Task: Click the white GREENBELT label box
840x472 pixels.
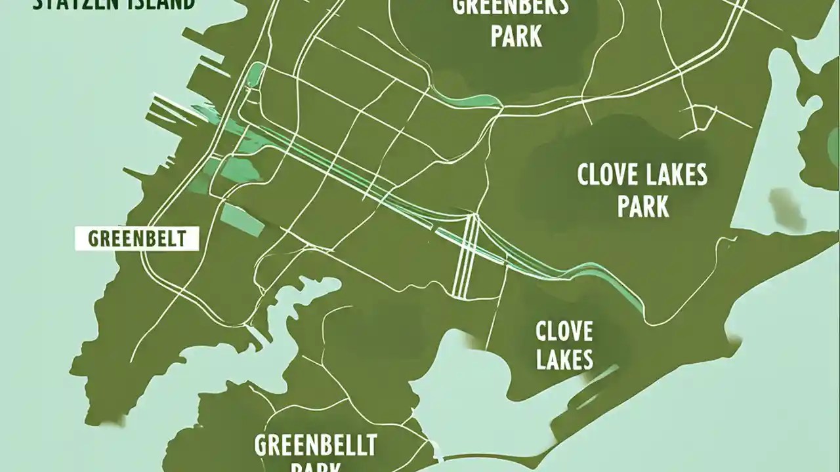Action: click(136, 239)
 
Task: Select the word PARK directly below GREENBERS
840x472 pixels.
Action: click(516, 37)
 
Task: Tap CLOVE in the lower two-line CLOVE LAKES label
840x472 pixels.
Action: click(564, 331)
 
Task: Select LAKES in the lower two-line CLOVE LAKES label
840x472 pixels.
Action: click(564, 359)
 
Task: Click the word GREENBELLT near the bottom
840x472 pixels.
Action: click(315, 445)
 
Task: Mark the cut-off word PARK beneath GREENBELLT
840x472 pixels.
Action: click(315, 467)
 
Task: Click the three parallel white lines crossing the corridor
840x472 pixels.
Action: click(466, 256)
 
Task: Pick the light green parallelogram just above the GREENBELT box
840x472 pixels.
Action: click(241, 219)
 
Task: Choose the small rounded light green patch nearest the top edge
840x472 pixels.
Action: click(255, 74)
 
